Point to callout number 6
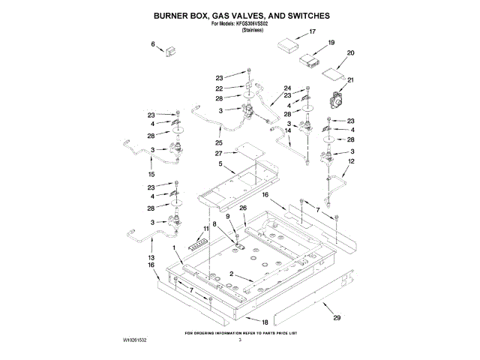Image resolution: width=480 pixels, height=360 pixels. (154, 45)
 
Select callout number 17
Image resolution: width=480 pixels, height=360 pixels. (313, 32)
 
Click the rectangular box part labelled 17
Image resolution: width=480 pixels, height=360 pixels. (287, 45)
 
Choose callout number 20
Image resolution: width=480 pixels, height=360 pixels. (349, 53)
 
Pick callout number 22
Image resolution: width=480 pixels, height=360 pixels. (219, 88)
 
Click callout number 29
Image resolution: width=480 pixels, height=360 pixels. (337, 318)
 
